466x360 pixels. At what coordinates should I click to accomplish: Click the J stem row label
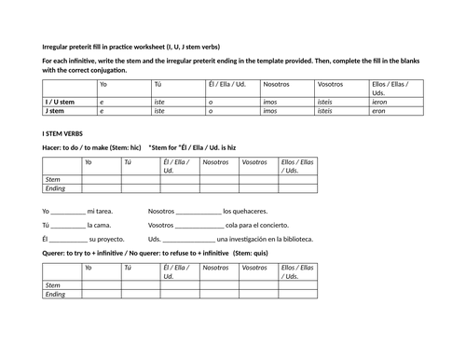click(x=57, y=110)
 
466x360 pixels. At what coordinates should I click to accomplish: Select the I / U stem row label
click(x=60, y=101)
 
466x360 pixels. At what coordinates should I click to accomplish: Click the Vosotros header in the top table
click(x=330, y=84)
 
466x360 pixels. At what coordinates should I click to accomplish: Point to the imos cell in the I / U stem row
click(x=270, y=101)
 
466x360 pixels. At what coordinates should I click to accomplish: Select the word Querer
click(x=55, y=253)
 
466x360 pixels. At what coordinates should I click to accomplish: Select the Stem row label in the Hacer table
click(x=53, y=178)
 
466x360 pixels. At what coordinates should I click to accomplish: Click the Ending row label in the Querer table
click(x=55, y=294)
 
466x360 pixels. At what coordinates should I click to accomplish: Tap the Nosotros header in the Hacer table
click(x=215, y=162)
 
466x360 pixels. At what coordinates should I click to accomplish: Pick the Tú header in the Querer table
click(x=129, y=268)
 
